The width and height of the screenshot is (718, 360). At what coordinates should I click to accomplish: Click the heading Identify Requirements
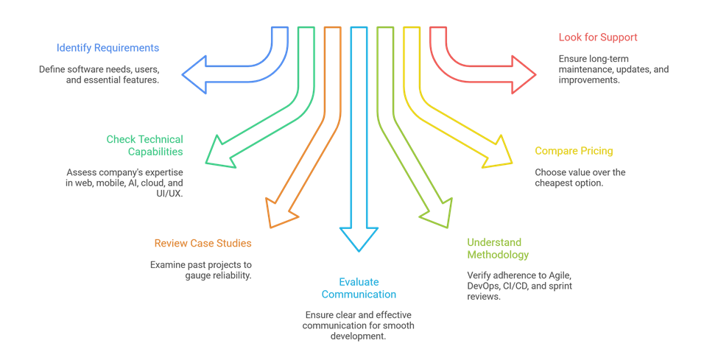coord(108,48)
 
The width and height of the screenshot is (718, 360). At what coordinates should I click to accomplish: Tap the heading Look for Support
coord(597,36)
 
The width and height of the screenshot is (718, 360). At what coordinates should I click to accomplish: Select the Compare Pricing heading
coord(574,151)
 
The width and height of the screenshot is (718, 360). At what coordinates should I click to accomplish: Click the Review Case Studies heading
coord(203,243)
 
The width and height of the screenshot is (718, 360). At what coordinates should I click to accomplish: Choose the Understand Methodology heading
coord(498,249)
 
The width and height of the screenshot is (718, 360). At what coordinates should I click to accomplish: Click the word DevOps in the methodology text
coord(483,285)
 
